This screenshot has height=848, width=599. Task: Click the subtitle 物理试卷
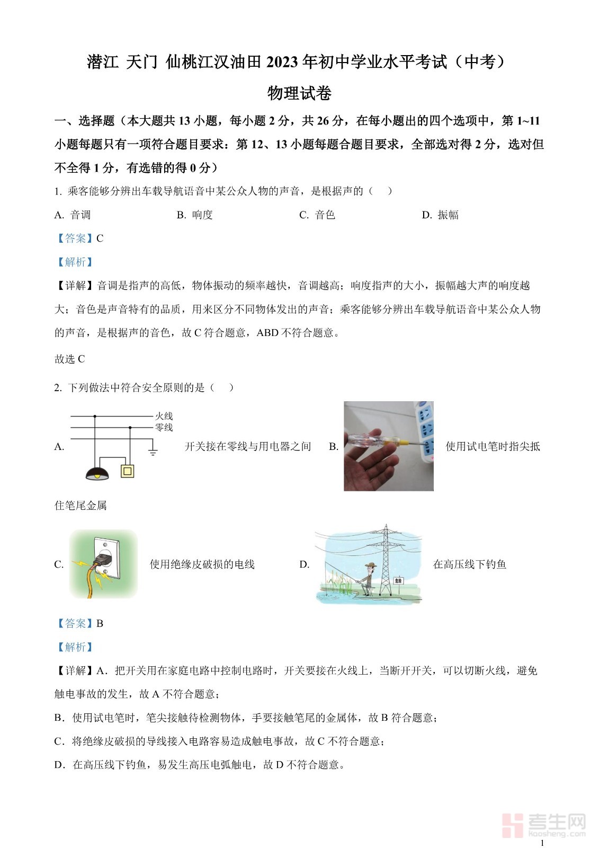point(299,93)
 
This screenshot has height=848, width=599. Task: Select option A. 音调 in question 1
point(73,215)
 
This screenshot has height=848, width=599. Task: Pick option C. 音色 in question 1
point(317,215)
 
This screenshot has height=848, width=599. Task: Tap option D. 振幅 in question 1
point(440,215)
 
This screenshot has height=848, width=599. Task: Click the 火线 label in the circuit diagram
point(164,416)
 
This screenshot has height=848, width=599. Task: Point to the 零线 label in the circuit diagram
point(164,427)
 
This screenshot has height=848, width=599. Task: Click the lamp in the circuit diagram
point(97,473)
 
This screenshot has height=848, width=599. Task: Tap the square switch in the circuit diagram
point(128,471)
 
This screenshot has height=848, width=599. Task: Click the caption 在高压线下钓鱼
point(470,564)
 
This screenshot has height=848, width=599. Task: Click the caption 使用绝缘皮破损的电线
point(202,564)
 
